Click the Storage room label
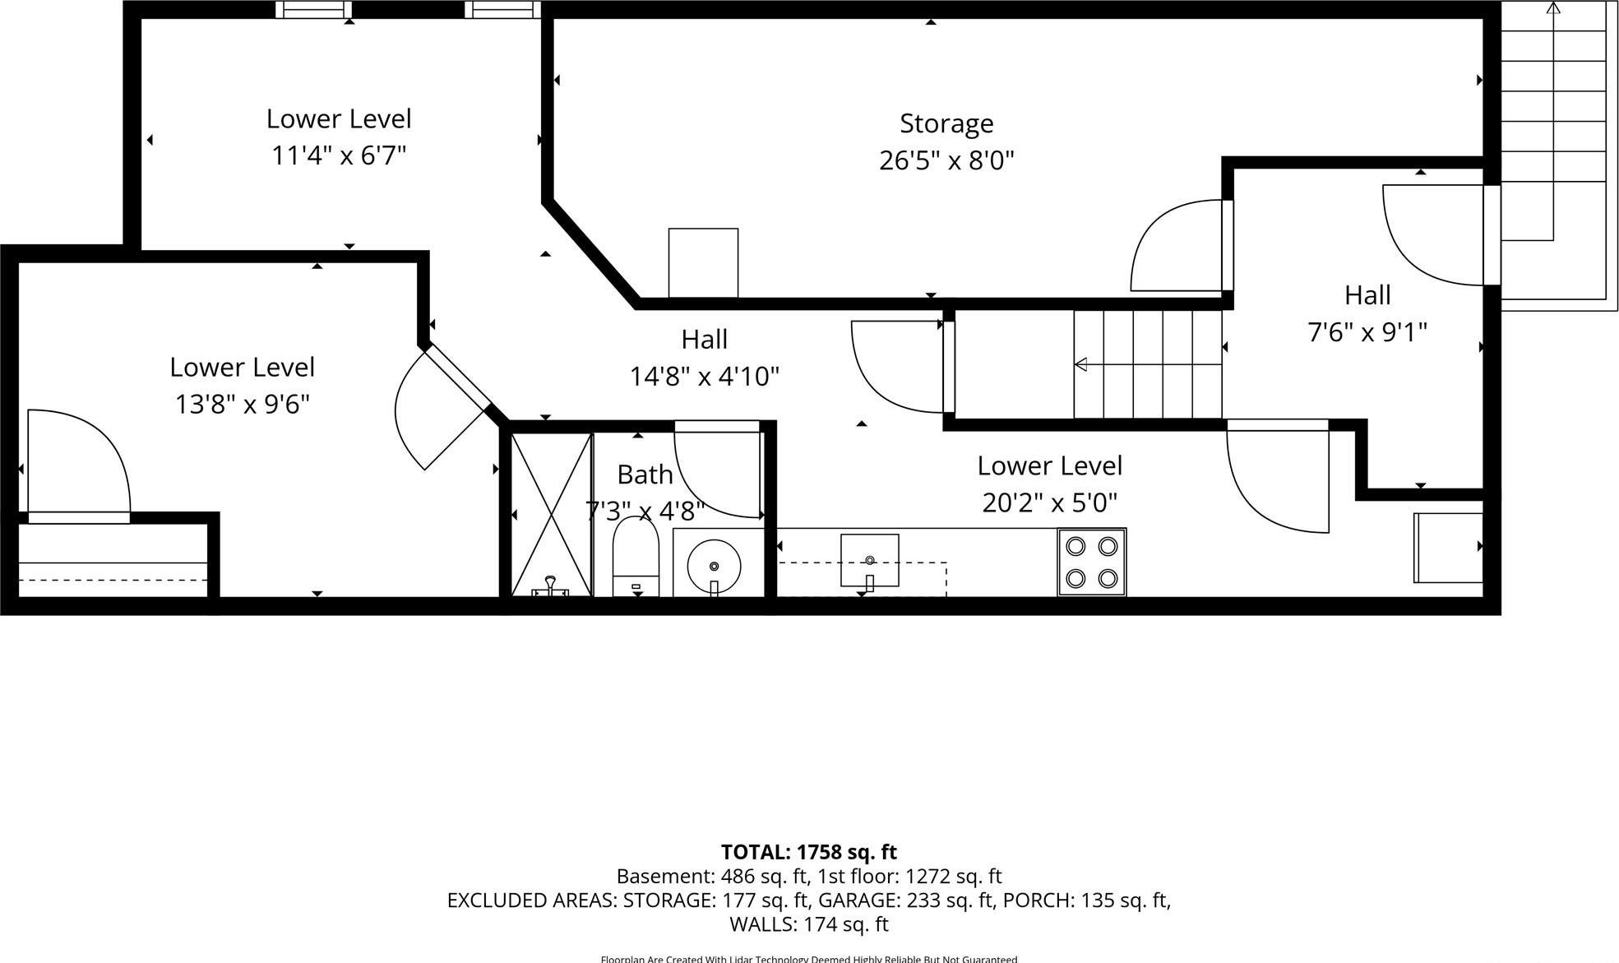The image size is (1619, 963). pyautogui.click(x=946, y=123)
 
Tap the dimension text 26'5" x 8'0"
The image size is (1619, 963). pyautogui.click(x=946, y=160)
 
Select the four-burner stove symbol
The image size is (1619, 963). pyautogui.click(x=1091, y=563)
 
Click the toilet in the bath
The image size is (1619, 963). pyautogui.click(x=636, y=559)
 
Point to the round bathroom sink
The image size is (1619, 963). pyautogui.click(x=714, y=566)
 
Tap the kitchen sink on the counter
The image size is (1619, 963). pyautogui.click(x=869, y=561)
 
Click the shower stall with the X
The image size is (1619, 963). pyautogui.click(x=551, y=514)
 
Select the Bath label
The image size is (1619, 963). pyautogui.click(x=645, y=475)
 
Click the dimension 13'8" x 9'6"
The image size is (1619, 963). pyautogui.click(x=242, y=405)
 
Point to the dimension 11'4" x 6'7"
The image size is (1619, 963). pyautogui.click(x=339, y=155)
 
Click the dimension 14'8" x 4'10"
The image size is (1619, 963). pyautogui.click(x=704, y=377)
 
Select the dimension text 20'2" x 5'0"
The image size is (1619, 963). pyautogui.click(x=1049, y=502)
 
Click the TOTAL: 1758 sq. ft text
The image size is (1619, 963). pyautogui.click(x=808, y=852)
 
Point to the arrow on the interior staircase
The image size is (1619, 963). pyautogui.click(x=1081, y=364)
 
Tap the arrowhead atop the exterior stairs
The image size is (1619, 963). pyautogui.click(x=1552, y=8)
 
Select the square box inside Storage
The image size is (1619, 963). pyautogui.click(x=703, y=262)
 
